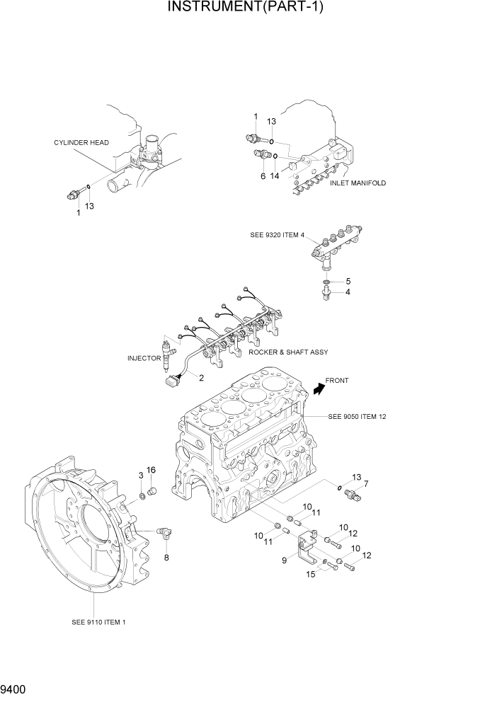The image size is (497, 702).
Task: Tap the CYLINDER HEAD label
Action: point(81,142)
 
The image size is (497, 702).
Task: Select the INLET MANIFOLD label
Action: point(358,183)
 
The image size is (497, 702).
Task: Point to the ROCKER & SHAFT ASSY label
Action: point(288,352)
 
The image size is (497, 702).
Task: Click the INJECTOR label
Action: point(144,358)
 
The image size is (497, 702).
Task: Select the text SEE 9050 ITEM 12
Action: point(357,417)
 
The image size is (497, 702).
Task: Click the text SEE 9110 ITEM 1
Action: point(99,622)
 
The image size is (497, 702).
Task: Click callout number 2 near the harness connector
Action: point(201,378)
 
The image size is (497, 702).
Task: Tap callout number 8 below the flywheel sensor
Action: point(166,558)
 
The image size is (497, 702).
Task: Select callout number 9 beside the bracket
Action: point(285,560)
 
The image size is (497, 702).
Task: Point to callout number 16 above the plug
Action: point(151,471)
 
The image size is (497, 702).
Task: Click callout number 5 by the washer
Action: point(348,281)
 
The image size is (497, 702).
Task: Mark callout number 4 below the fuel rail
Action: point(348,292)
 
